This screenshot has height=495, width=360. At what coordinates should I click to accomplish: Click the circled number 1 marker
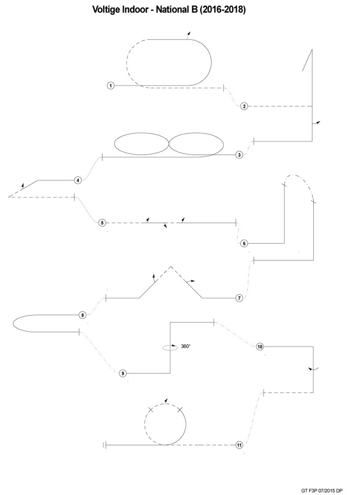coord(110,85)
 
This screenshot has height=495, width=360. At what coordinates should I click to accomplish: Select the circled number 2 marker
coord(244,106)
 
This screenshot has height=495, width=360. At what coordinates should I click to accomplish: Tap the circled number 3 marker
coord(240,155)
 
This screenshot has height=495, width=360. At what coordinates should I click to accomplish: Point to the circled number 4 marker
coord(78,180)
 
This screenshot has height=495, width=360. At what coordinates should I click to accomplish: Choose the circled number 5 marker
coord(102,223)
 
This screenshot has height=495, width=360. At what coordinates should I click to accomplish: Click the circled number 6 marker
coord(244,244)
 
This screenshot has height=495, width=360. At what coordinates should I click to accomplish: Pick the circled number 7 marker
coord(240,298)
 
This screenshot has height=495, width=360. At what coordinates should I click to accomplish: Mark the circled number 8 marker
coord(83,315)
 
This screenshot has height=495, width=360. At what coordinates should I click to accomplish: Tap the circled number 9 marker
coord(123,373)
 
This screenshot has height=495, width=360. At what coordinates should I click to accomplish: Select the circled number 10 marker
coord(260,346)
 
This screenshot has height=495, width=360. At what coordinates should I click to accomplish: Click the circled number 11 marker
coord(240,445)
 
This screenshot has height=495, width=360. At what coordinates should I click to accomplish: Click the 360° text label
coord(186,346)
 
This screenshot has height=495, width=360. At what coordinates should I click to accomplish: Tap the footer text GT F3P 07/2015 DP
coord(322,490)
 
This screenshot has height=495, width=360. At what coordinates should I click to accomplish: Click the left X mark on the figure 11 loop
coord(151,410)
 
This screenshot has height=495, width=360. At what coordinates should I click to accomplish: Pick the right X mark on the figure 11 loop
coord(180,410)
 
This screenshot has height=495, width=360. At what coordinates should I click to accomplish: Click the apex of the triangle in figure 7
coord(171,266)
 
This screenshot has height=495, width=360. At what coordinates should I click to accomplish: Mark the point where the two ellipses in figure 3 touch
coord(169,144)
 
